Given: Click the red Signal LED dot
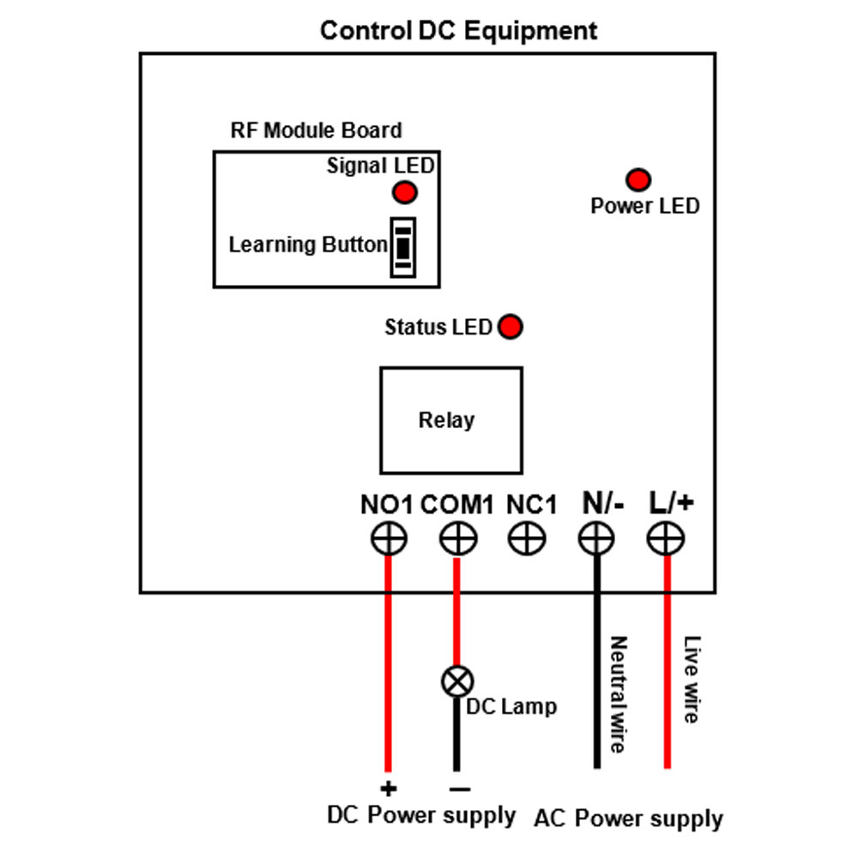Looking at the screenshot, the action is coord(405,192).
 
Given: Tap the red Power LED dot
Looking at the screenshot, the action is coord(638,179).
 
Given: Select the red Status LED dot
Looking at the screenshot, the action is coord(510,327).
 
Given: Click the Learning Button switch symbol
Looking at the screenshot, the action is coord(402,247).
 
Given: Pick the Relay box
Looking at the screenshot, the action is coord(451,420).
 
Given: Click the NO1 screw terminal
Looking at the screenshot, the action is coord(389,539).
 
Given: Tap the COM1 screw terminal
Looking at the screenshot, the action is coord(457,539).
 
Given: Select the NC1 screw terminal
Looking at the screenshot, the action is coord(527,539).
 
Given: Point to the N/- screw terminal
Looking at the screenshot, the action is coord(596,539).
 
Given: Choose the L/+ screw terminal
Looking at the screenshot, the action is coord(666,539).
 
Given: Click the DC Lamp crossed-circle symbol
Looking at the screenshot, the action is coord(457,681).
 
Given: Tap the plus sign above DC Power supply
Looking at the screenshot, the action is coord(389,789).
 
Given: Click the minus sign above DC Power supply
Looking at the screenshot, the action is coord(460,789).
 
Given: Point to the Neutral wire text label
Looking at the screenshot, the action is coord(619,694).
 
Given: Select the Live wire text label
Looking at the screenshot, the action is coord(692,679).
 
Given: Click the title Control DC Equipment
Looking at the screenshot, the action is coord(458,31).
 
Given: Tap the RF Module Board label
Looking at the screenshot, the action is coord(317,130).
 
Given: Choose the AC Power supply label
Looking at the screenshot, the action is coord(628,819).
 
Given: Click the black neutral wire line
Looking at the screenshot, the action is coord(596,662).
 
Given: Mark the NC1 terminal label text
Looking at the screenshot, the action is coord(531,505).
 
